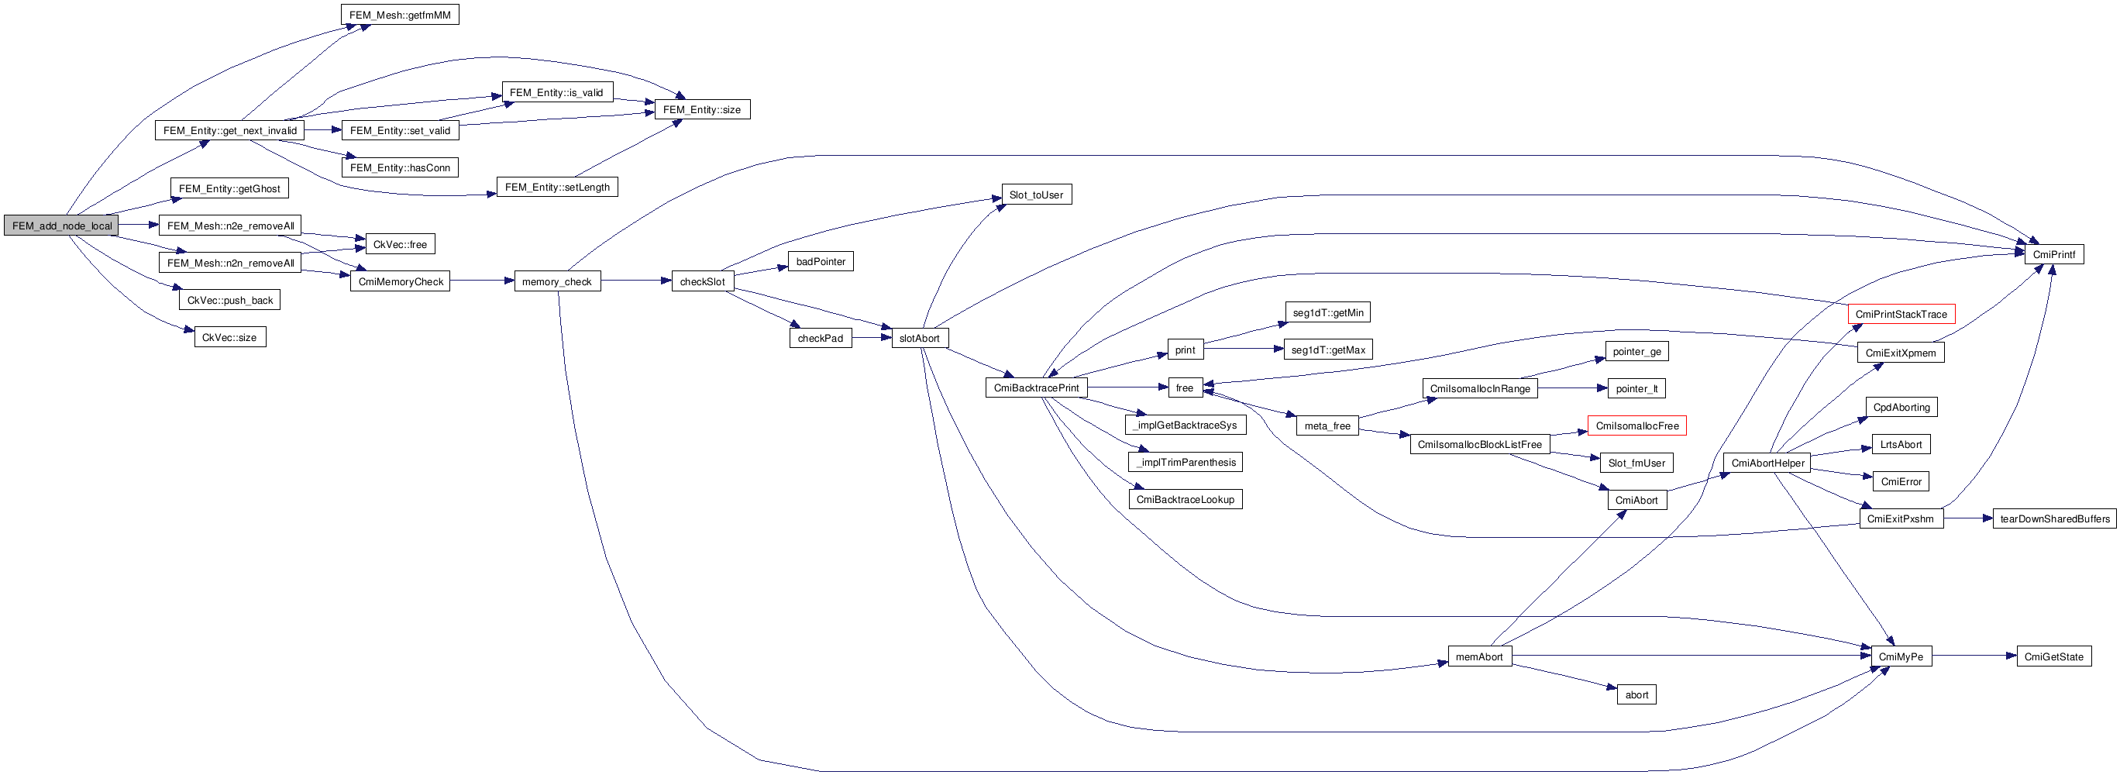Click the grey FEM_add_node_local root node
(x=62, y=226)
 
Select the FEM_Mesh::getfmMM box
(x=399, y=15)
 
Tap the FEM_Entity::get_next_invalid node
(x=229, y=130)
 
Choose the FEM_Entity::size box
(x=701, y=109)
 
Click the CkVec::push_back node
(x=229, y=300)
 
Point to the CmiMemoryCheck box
(x=400, y=281)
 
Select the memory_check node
(x=556, y=281)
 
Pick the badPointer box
(x=821, y=262)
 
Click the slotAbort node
(x=918, y=338)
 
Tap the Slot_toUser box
(x=1035, y=195)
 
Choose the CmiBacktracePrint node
(x=1035, y=387)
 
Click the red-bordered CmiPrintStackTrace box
(x=1900, y=315)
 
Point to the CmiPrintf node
(x=2053, y=254)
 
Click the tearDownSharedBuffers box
(x=2054, y=519)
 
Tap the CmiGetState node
(x=2053, y=656)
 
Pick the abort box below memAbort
(x=1636, y=694)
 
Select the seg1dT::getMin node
(x=1327, y=312)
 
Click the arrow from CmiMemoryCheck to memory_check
(x=481, y=281)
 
